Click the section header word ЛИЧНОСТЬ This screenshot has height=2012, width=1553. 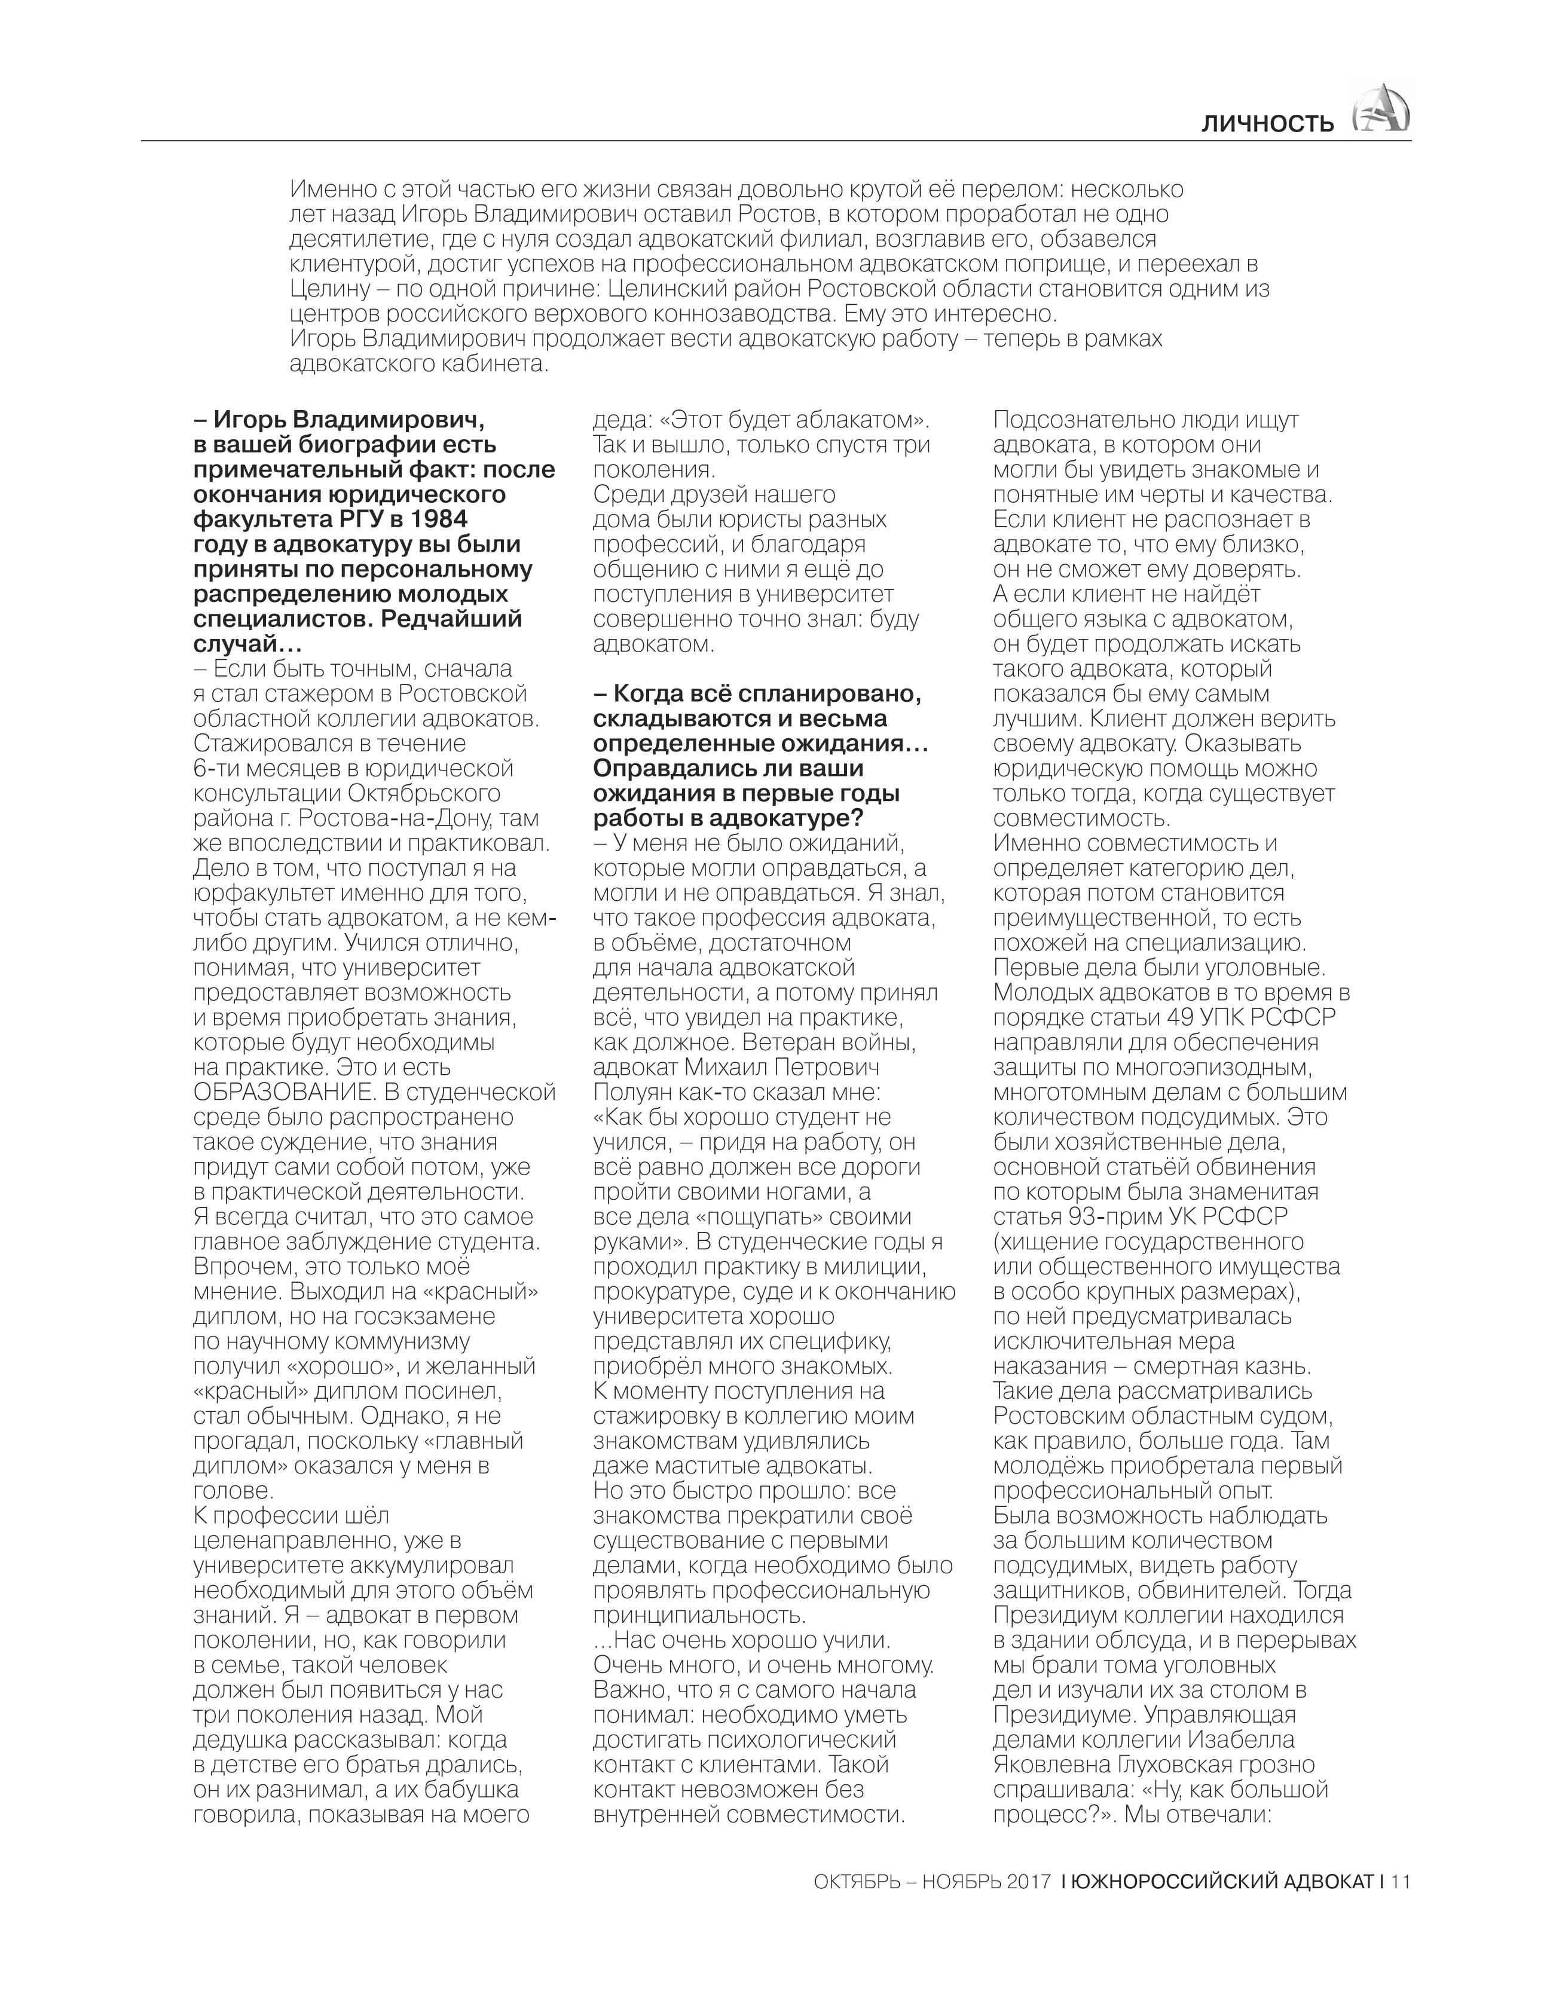(1267, 124)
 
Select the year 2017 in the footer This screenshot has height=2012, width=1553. (1028, 1881)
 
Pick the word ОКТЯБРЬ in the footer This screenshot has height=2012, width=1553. (857, 1881)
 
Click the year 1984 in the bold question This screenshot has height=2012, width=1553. (435, 519)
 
